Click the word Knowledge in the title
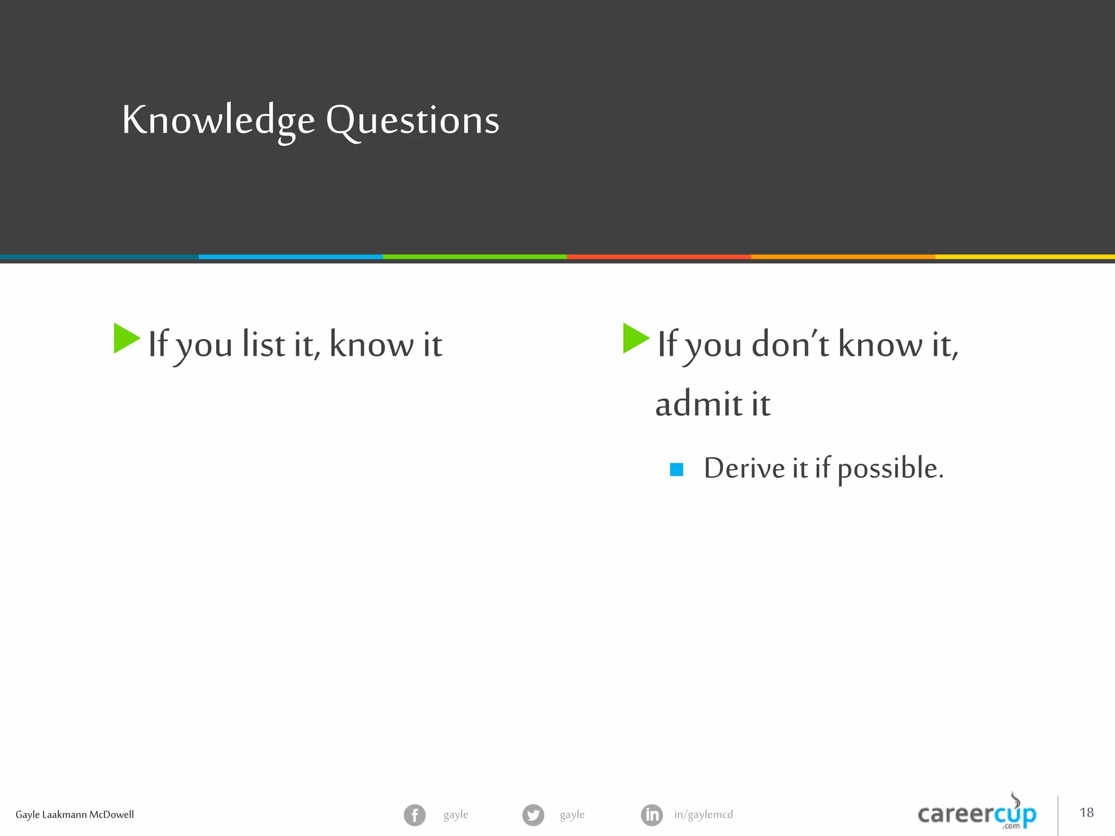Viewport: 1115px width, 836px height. (x=218, y=121)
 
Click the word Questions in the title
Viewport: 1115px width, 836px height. (x=412, y=121)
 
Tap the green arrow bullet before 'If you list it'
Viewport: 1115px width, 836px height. (x=126, y=339)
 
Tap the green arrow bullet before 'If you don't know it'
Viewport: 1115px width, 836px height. (x=635, y=339)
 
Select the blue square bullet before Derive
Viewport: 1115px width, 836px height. (x=676, y=469)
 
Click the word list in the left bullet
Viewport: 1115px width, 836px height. (x=264, y=345)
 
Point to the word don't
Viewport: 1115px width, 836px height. (x=790, y=345)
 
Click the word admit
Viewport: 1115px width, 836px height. (x=699, y=404)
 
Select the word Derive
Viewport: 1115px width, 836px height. (x=744, y=468)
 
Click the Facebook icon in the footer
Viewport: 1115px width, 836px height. (x=415, y=815)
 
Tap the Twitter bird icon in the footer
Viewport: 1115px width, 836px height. (x=533, y=815)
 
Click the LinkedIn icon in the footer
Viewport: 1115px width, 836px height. (x=652, y=815)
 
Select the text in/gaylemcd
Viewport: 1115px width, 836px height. (x=703, y=815)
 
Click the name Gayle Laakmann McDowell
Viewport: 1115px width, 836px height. (x=75, y=815)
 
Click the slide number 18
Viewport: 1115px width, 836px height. (x=1086, y=813)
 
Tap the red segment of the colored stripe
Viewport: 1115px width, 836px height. (x=659, y=256)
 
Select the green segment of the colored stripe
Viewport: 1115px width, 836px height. (x=475, y=256)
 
